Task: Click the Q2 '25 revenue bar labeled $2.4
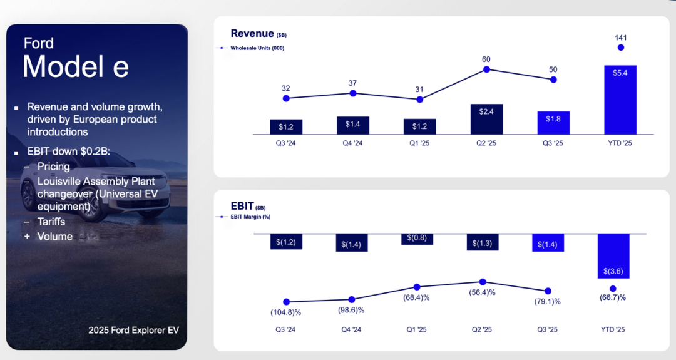pos(486,119)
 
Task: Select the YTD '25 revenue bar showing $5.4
pos(620,100)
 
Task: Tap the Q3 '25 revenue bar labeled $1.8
pos(553,123)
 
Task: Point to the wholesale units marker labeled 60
pos(486,69)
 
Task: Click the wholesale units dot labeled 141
pos(620,48)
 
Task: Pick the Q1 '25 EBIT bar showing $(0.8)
pos(417,239)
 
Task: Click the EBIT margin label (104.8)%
pos(285,312)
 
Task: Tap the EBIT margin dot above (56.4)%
pos(482,282)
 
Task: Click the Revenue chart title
pos(252,34)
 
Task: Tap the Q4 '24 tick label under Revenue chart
pos(352,142)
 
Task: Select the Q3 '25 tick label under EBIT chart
pos(548,329)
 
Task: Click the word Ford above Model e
pos(38,43)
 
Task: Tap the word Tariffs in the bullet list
pos(51,222)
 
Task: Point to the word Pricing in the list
pos(53,167)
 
